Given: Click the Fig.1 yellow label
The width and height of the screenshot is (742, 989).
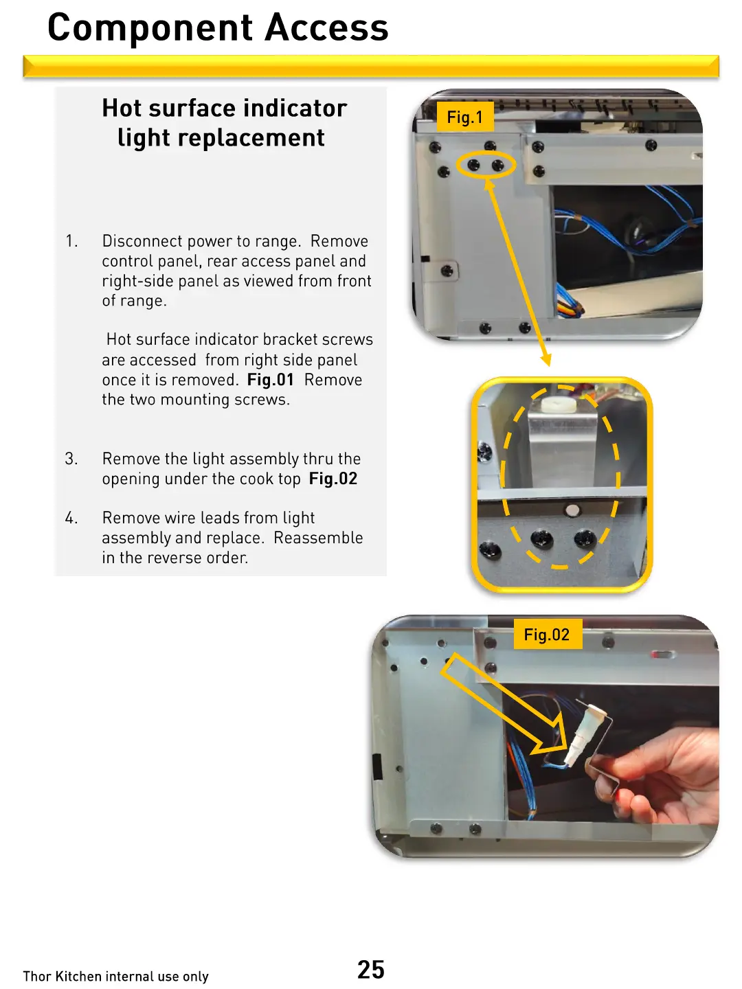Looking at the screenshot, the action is pos(465,117).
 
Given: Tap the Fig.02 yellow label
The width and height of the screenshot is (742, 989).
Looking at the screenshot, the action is pos(548,634).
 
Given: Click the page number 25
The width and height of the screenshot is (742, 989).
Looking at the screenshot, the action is pos(371,969).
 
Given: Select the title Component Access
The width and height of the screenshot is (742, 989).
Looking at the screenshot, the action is pos(218,28).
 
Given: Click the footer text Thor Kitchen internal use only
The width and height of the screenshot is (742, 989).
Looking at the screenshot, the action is pos(116,976).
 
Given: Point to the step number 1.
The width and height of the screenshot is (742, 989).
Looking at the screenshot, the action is pos(71,241).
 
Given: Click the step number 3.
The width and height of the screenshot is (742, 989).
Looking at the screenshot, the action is pos(71,459).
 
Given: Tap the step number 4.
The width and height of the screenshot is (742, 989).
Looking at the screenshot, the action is pos(71,518).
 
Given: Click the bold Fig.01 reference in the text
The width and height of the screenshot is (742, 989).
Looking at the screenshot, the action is pos(270,379).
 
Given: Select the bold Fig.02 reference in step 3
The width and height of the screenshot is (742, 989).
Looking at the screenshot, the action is pos(333,478).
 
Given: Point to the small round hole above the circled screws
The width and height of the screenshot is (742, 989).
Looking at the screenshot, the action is pos(572,510).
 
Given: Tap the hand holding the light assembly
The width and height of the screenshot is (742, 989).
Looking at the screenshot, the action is pos(662,771).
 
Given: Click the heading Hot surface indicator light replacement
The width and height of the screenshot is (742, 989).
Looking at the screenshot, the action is pos(224,122).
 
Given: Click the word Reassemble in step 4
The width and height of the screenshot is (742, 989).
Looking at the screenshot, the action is pos(318,538).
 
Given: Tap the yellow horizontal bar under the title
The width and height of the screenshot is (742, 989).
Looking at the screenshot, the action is pos(371,66).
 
